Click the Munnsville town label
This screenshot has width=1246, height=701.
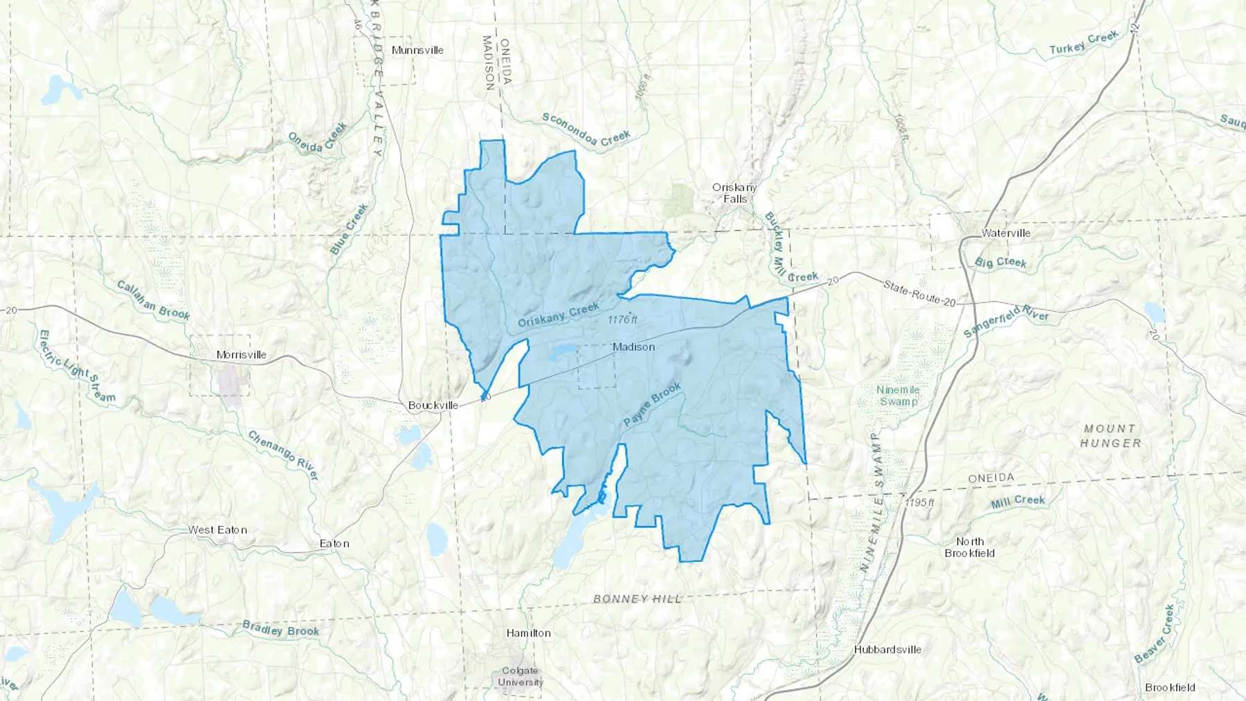(x=417, y=50)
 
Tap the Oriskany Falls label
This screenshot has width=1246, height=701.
(x=734, y=193)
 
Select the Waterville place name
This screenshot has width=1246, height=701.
(x=1006, y=233)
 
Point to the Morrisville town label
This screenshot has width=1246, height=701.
(x=241, y=355)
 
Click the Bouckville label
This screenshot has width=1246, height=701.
(x=433, y=406)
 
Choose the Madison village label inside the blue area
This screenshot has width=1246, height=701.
(x=633, y=347)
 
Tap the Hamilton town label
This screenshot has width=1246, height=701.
(x=529, y=633)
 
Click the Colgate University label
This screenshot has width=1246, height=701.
(x=521, y=676)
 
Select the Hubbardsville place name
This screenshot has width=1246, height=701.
(x=887, y=650)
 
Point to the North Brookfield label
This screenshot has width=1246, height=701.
(x=970, y=547)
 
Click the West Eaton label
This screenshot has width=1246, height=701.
(x=217, y=530)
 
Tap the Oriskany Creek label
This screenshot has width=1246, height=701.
(x=559, y=315)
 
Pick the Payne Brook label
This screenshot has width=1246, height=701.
(x=652, y=404)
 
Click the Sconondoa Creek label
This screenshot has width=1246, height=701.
(x=586, y=129)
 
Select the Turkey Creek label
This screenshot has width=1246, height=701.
(x=1083, y=43)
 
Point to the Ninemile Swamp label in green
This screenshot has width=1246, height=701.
(x=898, y=396)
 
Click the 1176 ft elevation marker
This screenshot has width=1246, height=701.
(x=622, y=320)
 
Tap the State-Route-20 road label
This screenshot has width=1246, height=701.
(x=919, y=293)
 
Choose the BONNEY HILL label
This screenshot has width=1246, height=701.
(x=638, y=599)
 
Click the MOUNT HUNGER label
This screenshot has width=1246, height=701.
(x=1110, y=436)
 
